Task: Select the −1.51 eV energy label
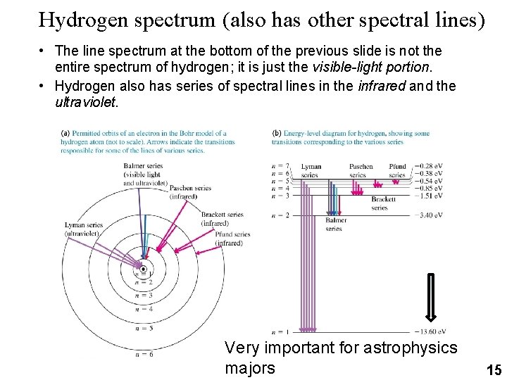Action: pos(428,196)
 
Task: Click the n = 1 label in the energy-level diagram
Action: pos(280,331)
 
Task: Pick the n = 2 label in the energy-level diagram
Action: pos(280,215)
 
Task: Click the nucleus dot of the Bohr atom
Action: pos(144,270)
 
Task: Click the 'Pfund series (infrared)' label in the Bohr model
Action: pos(232,239)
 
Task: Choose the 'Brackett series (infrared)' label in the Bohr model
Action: pos(222,219)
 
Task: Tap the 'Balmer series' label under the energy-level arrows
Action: pos(334,224)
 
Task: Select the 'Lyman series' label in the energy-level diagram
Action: pos(310,171)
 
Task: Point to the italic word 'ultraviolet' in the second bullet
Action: pos(83,103)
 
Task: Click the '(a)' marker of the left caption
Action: pos(65,133)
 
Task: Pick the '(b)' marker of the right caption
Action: pos(276,133)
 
